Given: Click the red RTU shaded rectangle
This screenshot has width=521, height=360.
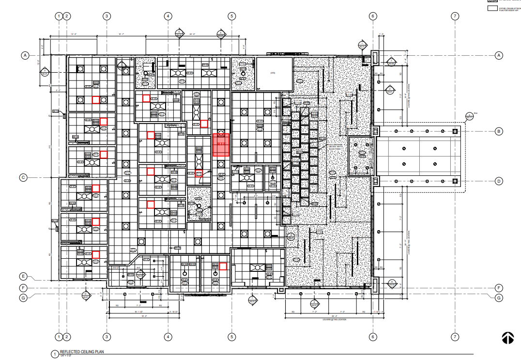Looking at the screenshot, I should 221,145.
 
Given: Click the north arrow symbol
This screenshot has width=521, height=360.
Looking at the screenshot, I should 507,338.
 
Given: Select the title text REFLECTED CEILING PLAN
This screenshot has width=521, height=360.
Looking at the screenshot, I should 82,352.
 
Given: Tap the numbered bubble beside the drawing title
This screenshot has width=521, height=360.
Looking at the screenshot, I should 54,354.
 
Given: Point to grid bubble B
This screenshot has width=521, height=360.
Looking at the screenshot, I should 498,131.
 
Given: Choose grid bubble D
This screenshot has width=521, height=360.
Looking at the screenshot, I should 498,182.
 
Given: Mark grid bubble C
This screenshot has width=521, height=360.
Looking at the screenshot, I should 23,177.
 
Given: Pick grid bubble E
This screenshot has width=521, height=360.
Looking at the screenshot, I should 23,277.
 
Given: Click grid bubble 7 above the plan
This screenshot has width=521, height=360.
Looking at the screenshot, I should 455,16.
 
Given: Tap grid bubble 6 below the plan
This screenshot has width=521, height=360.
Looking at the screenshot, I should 372,337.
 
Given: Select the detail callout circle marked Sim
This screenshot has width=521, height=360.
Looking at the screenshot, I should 469,116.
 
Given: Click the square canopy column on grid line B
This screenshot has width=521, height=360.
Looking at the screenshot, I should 455,131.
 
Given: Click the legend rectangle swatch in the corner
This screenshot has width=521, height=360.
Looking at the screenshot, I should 493,8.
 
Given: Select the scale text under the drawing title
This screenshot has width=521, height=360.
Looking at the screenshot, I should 66,357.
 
